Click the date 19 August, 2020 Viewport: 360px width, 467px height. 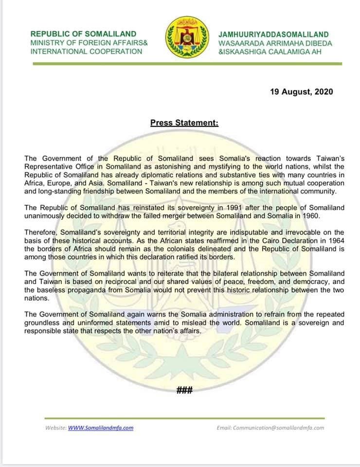click(x=302, y=91)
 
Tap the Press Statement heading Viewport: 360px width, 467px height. click(x=184, y=123)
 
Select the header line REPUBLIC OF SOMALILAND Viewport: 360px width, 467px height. click(x=83, y=34)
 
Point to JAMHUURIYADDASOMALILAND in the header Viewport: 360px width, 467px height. click(x=273, y=35)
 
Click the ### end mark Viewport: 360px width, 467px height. click(x=184, y=390)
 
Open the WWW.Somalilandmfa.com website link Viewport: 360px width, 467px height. click(x=101, y=428)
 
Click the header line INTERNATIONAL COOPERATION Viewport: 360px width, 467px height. click(x=86, y=51)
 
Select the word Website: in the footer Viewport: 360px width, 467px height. click(x=55, y=428)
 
